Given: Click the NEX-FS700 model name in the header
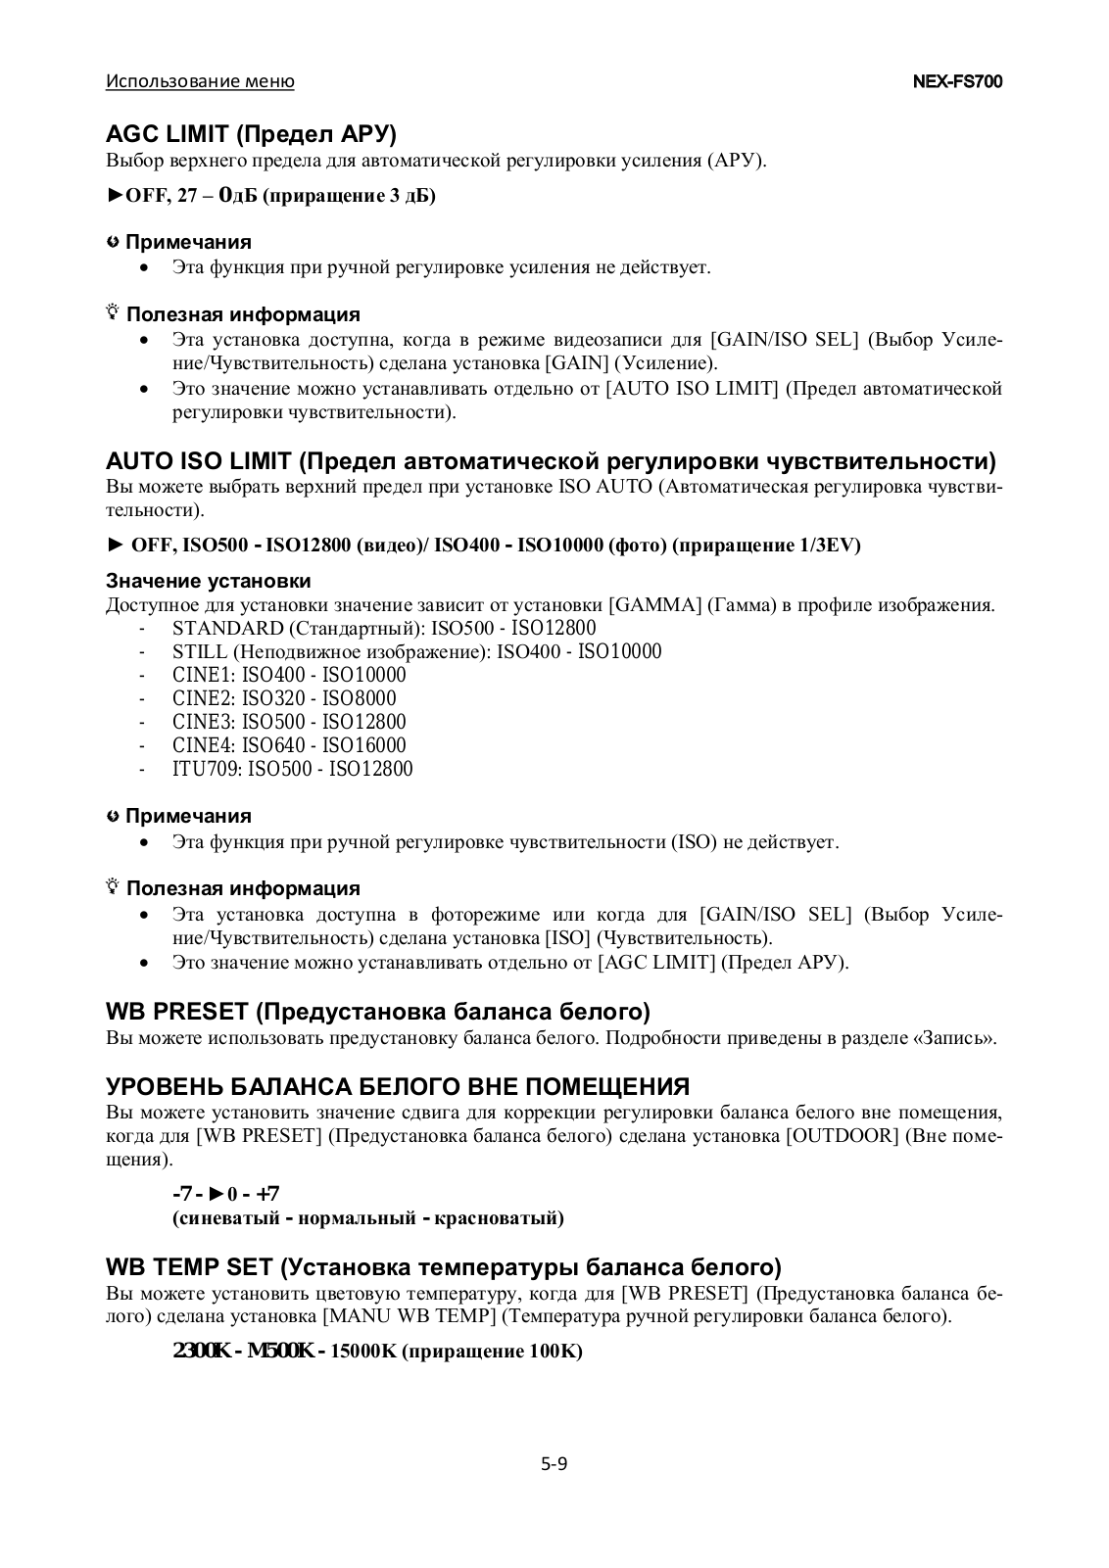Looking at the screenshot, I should point(957,81).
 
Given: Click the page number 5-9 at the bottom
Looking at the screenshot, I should point(554,1465).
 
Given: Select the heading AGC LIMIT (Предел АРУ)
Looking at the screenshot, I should point(251,133).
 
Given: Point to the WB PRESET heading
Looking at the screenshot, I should point(377,1011).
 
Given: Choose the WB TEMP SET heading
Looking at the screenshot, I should point(443,1267).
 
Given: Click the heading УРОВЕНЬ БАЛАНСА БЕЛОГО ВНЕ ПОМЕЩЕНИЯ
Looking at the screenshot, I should point(397,1086).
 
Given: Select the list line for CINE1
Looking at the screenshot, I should point(289,675).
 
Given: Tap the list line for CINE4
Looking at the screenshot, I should point(289,745).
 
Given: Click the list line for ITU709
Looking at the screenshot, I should point(292,769).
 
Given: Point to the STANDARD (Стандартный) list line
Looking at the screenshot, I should point(384,628).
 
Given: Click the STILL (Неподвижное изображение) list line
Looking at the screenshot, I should point(416,651).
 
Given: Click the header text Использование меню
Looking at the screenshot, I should point(200,81).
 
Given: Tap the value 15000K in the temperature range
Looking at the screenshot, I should point(363,1352).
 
